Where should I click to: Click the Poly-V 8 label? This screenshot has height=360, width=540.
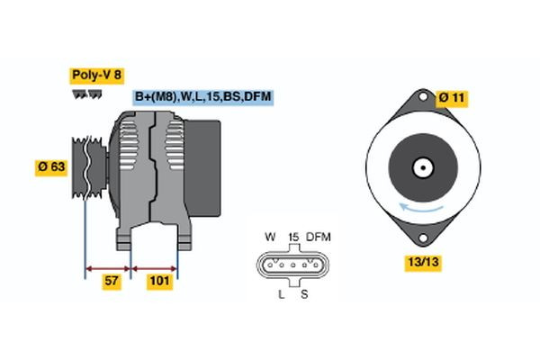click(x=94, y=76)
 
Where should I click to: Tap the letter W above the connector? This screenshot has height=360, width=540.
click(x=269, y=237)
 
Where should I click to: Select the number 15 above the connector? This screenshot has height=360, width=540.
click(x=292, y=237)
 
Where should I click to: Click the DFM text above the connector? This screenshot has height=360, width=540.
click(x=319, y=237)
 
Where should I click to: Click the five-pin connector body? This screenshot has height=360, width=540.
click(x=293, y=265)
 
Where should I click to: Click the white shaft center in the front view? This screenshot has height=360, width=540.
click(x=420, y=167)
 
